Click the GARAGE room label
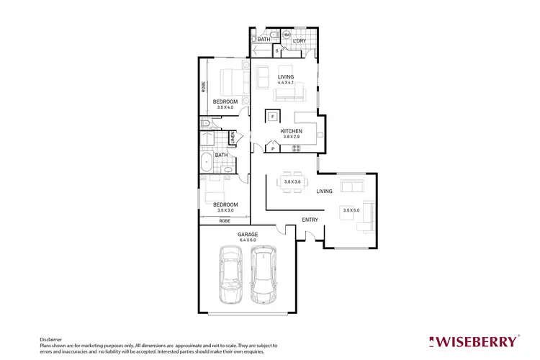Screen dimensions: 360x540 248,234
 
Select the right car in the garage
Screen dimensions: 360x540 263,276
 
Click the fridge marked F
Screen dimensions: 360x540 273,115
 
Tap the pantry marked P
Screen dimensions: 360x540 272,148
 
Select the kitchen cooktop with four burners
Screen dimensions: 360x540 296,148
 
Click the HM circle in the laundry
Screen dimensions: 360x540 287,34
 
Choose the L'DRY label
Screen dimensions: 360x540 299,41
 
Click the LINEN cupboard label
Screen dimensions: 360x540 233,137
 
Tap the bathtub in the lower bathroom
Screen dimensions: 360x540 207,163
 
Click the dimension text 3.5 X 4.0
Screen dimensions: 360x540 225,108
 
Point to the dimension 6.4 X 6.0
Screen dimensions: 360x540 248,240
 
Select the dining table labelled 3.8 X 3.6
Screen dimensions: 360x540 292,182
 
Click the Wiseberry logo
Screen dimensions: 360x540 472,341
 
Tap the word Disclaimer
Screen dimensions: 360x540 50,338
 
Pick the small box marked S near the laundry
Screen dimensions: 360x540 277,50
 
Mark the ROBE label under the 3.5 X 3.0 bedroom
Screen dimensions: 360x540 224,221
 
